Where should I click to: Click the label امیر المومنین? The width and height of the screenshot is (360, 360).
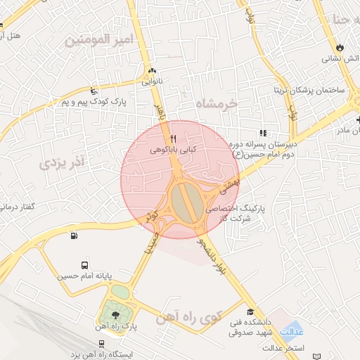point(98,39)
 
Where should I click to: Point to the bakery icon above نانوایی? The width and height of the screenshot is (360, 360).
point(152,71)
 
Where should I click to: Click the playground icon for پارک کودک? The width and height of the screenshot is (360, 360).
point(94,91)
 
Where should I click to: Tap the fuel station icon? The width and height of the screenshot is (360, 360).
point(74,236)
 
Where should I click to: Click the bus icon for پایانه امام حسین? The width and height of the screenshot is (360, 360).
point(85,266)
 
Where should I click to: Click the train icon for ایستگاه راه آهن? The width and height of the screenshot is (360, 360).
point(103,344)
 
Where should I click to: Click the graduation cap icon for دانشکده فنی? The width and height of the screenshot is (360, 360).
point(250,311)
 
